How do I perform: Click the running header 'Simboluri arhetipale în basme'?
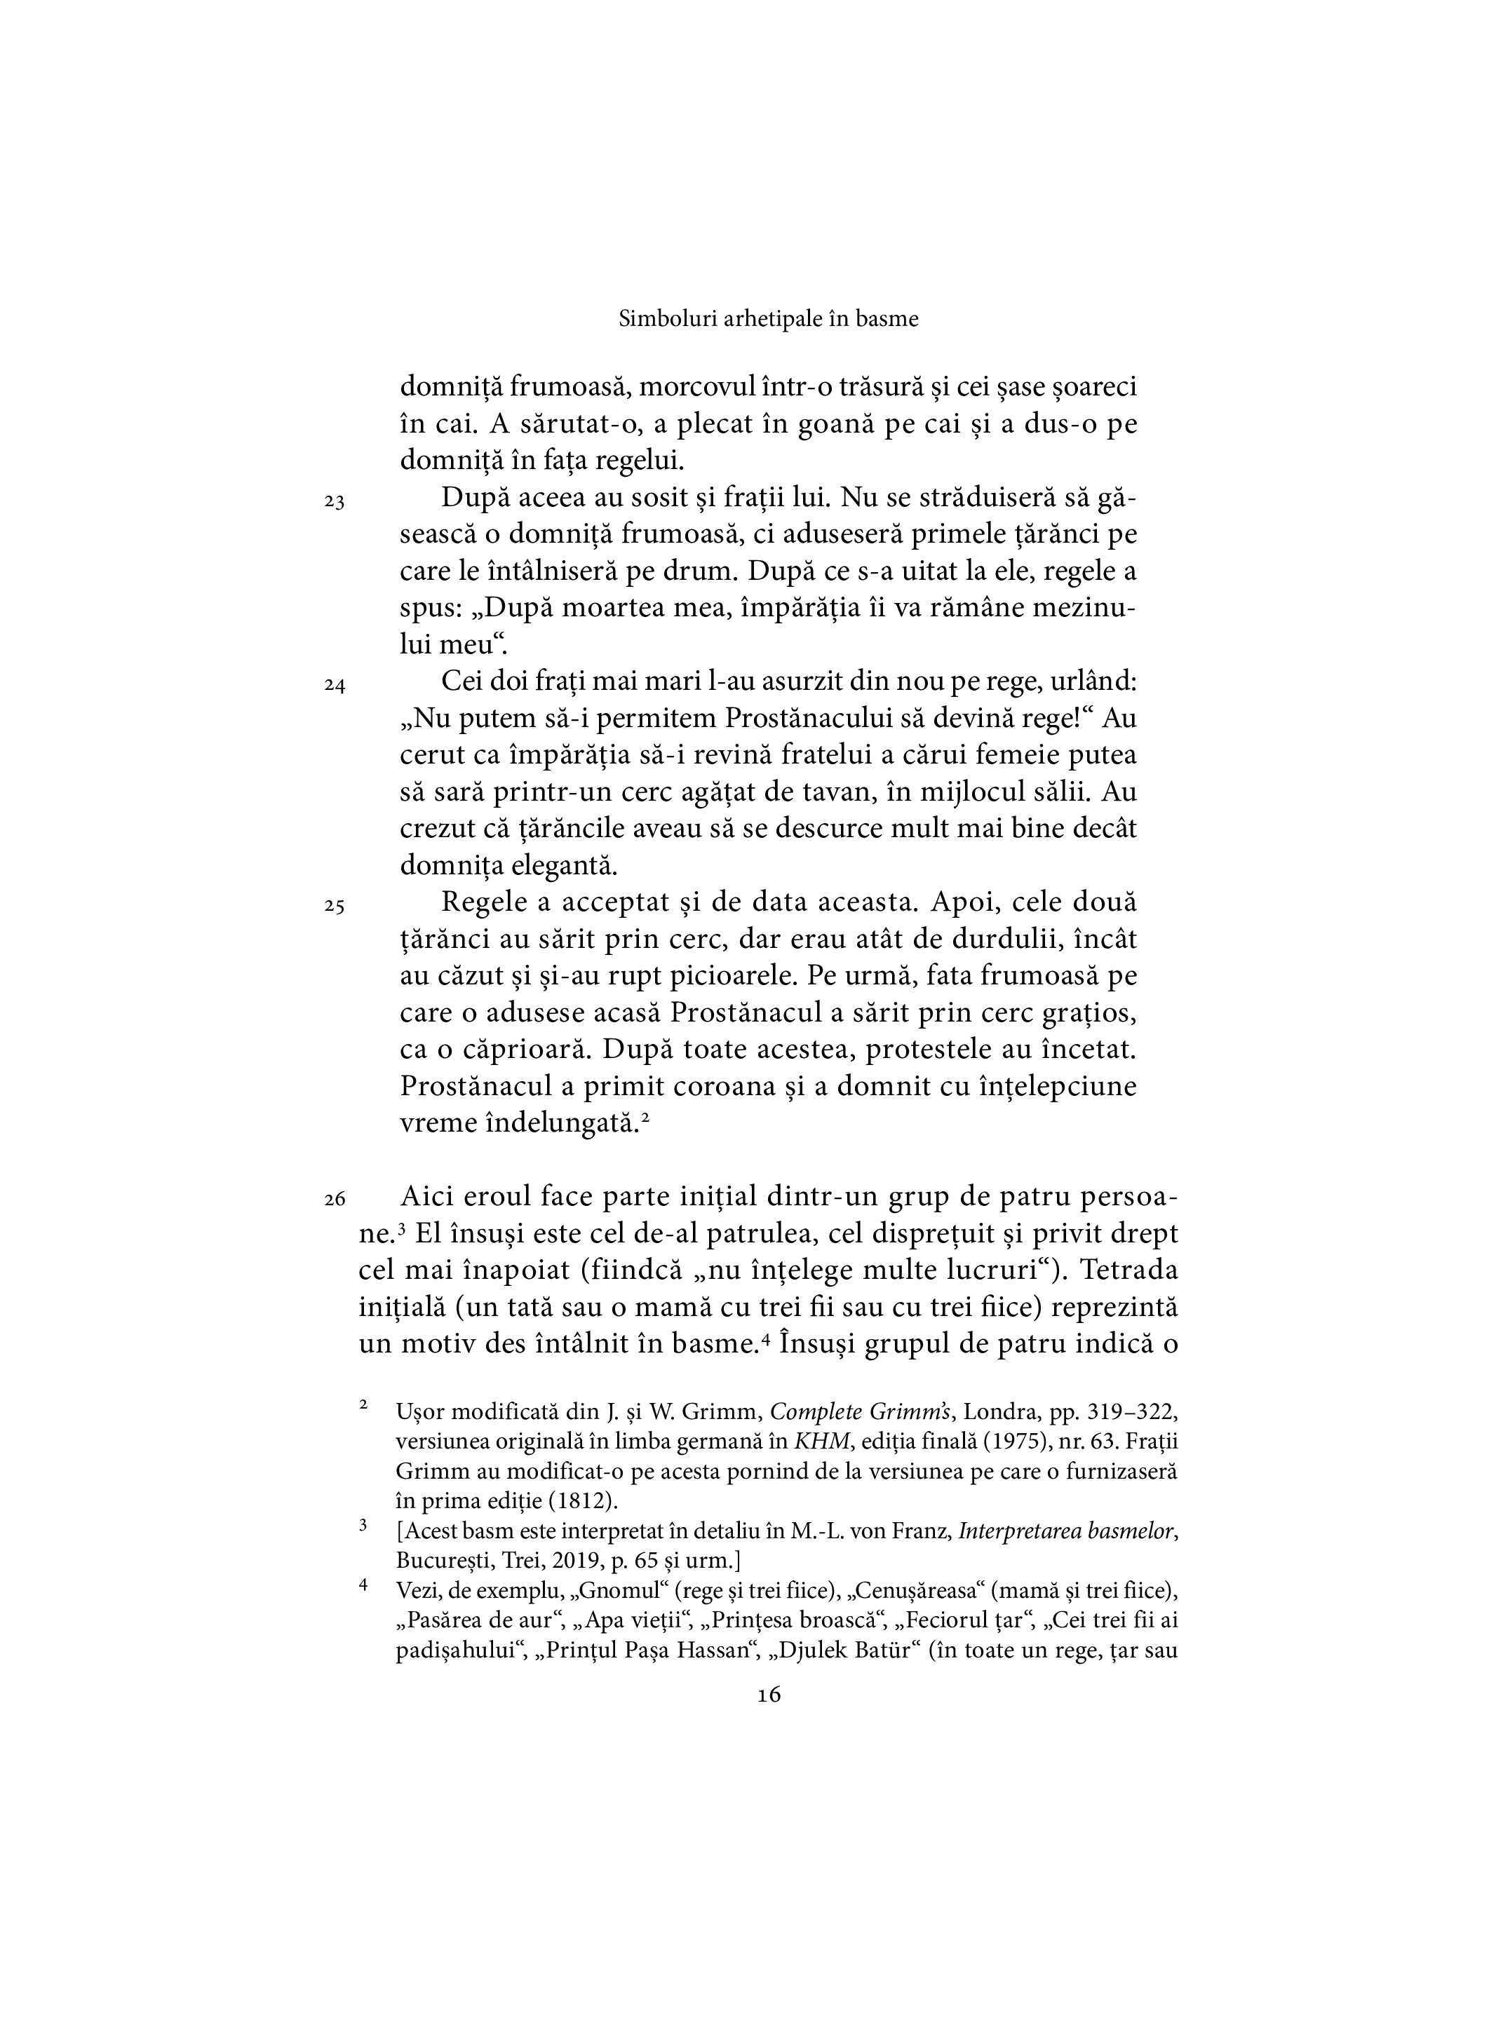(x=768, y=318)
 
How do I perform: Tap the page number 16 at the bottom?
(x=768, y=1695)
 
